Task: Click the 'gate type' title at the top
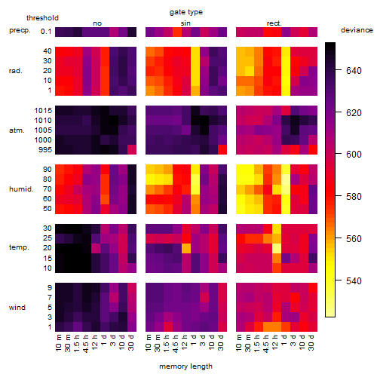(x=186, y=12)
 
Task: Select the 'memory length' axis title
(x=185, y=366)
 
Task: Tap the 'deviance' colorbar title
(x=357, y=30)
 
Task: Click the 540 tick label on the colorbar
(x=354, y=280)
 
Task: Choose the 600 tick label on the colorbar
(x=354, y=154)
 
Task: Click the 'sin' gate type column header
(x=185, y=23)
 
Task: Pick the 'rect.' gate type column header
(x=274, y=23)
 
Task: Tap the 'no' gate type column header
(x=97, y=23)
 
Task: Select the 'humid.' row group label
(x=21, y=189)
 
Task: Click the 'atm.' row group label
(x=17, y=130)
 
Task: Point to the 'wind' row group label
(x=17, y=308)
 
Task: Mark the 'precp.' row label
(x=20, y=30)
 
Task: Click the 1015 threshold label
(x=43, y=111)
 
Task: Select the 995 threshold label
(x=45, y=150)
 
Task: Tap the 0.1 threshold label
(x=46, y=32)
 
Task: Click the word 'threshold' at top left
(x=42, y=18)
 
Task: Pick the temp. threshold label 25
(x=48, y=238)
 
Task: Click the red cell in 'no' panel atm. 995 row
(x=132, y=150)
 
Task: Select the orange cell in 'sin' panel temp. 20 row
(x=186, y=248)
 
